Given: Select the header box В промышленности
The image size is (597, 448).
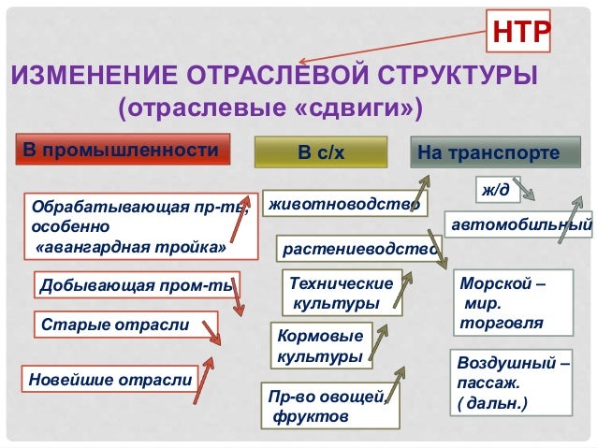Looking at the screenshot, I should [x=125, y=152].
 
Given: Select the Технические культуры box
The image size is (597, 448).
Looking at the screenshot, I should [x=341, y=292].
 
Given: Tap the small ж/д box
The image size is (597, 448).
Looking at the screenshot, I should [x=496, y=190].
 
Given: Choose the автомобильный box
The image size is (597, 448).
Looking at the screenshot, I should [x=520, y=225].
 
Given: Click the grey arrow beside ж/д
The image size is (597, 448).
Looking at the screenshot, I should [x=526, y=193].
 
